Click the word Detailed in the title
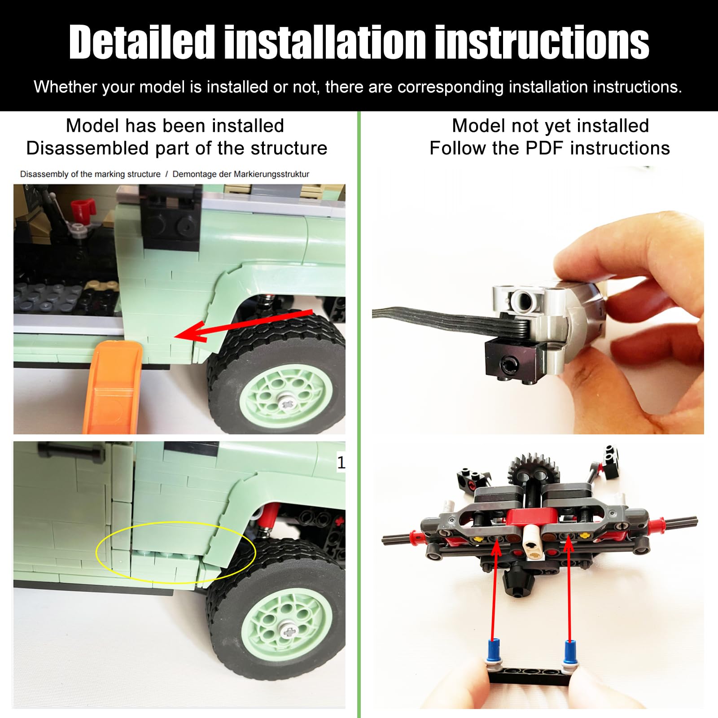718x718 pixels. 142,42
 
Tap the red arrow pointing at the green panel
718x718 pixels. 242,323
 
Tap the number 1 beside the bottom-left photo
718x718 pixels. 341,462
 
